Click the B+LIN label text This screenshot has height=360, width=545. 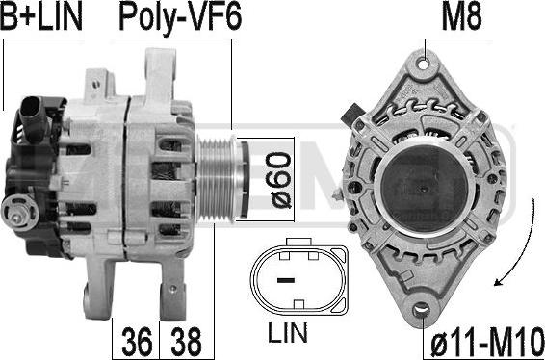[x=41, y=16]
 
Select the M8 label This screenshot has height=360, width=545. [x=461, y=16]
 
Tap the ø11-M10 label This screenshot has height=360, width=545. [x=487, y=342]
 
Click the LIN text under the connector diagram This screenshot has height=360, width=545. [x=288, y=333]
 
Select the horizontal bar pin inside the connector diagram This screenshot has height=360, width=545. [x=286, y=280]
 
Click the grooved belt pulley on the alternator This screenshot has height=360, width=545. [x=219, y=180]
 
